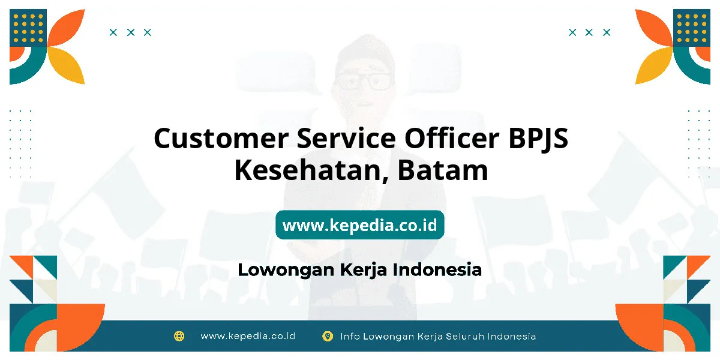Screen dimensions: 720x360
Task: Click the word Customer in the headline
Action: (x=221, y=138)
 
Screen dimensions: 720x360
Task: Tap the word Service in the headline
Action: (x=346, y=138)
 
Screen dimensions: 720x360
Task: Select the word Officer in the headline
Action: (x=452, y=138)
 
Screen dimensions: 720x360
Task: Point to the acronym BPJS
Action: (x=538, y=139)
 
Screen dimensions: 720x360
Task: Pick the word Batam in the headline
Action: (x=443, y=170)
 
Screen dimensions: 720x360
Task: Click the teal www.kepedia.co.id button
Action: (x=359, y=224)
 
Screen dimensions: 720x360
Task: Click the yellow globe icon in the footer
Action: (x=179, y=336)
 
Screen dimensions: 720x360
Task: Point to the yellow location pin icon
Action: (x=328, y=336)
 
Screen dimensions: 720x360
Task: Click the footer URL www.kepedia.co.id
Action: (x=248, y=336)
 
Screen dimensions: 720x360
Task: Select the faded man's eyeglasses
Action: (x=364, y=81)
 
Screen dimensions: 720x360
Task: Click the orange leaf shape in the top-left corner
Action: (x=67, y=28)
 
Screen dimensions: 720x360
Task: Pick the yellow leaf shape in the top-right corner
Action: (x=654, y=65)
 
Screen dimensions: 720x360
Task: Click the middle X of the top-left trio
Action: (x=131, y=32)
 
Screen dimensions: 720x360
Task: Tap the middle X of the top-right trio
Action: (x=589, y=32)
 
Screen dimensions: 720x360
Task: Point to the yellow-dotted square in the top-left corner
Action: (x=28, y=28)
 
